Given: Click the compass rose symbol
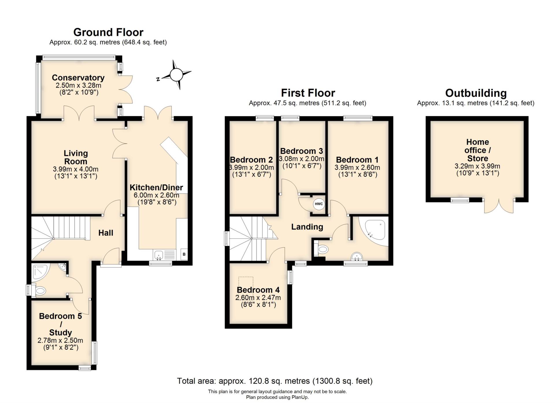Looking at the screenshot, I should (x=176, y=75).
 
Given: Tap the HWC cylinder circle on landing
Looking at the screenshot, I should (x=319, y=204).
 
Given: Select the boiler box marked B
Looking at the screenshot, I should (x=184, y=254).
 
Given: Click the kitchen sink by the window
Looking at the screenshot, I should (x=159, y=255).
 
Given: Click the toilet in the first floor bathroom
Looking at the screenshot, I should (x=321, y=249).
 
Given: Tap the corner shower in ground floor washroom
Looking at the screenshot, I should (x=40, y=271).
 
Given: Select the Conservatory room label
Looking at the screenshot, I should (x=78, y=78).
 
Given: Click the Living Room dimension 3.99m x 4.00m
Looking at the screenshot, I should (x=75, y=169).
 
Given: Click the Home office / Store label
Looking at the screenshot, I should (x=477, y=150).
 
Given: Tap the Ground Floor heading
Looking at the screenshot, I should (x=108, y=32).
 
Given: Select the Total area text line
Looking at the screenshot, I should (x=275, y=381).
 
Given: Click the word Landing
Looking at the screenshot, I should (x=307, y=227).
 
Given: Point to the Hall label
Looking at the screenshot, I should (x=106, y=233).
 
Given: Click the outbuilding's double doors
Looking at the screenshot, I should (x=499, y=206).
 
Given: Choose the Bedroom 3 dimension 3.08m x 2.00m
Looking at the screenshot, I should (x=301, y=159).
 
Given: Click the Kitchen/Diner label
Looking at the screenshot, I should (x=156, y=187).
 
